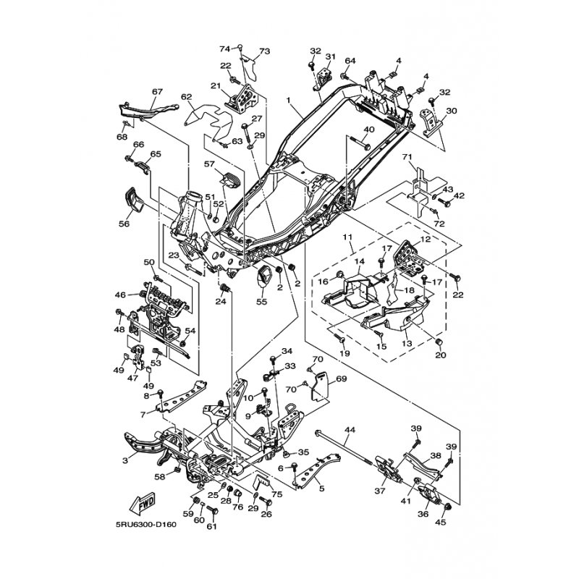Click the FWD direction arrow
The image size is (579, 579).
(142, 504)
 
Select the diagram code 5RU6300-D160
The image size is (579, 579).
(146, 525)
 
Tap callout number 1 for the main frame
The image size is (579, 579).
(288, 100)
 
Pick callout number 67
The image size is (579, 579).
(157, 91)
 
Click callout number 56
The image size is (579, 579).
(124, 224)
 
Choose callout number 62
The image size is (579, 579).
(187, 97)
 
